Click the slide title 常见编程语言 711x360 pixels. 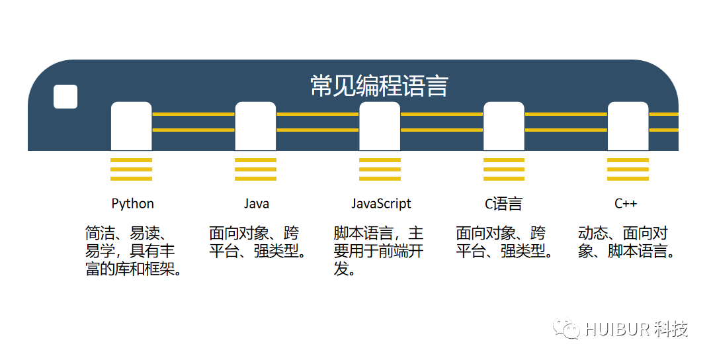tap(379, 86)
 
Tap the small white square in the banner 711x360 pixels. tap(65, 97)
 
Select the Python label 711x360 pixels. tap(132, 204)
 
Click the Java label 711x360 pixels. tap(256, 204)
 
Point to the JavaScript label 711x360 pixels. tap(380, 204)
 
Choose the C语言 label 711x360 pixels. tap(503, 204)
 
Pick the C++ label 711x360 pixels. tap(626, 204)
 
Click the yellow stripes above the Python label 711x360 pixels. tap(131, 169)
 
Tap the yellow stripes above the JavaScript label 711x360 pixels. tap(380, 169)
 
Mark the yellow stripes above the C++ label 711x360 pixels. tap(628, 169)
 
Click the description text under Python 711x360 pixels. tap(133, 251)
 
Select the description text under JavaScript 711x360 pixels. tap(378, 251)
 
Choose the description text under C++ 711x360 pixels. tap(626, 243)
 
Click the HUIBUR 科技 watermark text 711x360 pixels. tap(636, 329)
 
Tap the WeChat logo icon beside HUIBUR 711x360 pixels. tap(567, 328)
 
